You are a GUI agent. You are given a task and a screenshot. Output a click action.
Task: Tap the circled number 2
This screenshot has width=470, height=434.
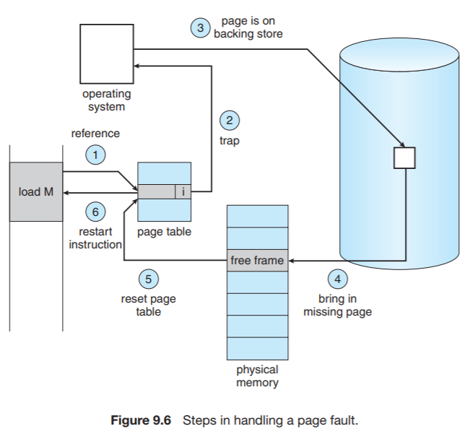coord(229,121)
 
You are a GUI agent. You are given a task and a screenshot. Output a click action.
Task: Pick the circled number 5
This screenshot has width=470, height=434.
coord(148,279)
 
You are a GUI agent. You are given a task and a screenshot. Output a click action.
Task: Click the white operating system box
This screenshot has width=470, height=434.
coord(107,54)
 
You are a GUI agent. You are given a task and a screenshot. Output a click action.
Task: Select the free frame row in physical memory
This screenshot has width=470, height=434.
coord(257,260)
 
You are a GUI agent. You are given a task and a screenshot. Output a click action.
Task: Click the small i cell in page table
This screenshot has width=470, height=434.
coord(184,192)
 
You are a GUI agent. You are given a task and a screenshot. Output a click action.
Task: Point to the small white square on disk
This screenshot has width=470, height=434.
coord(404,157)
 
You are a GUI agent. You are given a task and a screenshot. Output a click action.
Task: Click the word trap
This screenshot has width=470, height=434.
coord(229,142)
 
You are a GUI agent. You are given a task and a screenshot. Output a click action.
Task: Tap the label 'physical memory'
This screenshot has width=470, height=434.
coord(257,376)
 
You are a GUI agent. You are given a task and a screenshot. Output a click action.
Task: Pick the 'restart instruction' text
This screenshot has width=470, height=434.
coord(95,238)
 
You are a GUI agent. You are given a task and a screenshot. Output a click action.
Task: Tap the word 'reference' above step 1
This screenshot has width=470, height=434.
coord(95,134)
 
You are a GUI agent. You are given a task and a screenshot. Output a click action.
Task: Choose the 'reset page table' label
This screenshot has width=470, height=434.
coord(148,305)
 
